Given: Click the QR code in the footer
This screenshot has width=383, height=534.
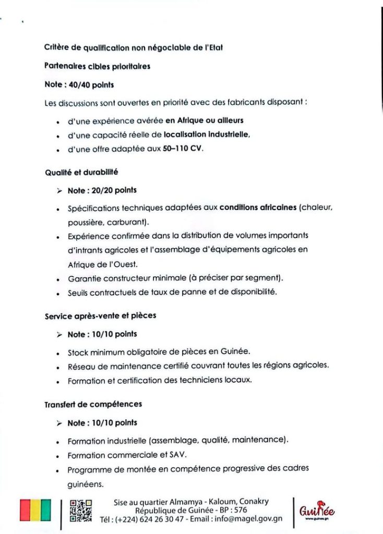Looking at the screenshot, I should (x=81, y=511).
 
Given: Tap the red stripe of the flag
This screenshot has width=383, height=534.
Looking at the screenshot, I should (x=25, y=510).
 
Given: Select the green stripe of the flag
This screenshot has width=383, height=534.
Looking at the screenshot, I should (x=46, y=510).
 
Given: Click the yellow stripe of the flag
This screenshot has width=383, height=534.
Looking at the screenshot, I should (x=35, y=510).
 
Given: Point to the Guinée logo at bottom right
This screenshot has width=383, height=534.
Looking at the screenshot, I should (x=317, y=511).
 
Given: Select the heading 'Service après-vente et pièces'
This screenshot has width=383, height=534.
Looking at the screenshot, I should (x=100, y=315).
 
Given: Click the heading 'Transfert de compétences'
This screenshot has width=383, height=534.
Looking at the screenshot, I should (x=93, y=404).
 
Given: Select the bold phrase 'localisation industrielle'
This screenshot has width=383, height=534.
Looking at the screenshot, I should (x=207, y=135).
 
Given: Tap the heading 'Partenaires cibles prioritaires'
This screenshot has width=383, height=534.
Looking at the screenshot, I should (x=98, y=66).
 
